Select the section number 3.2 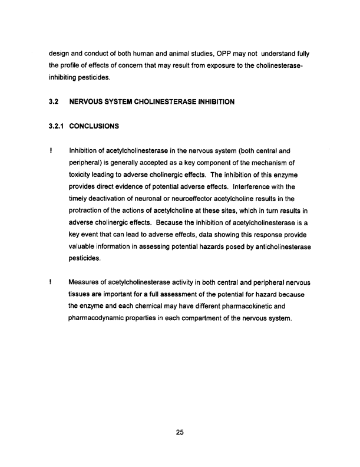tap(54, 102)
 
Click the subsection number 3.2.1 tap(58, 126)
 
